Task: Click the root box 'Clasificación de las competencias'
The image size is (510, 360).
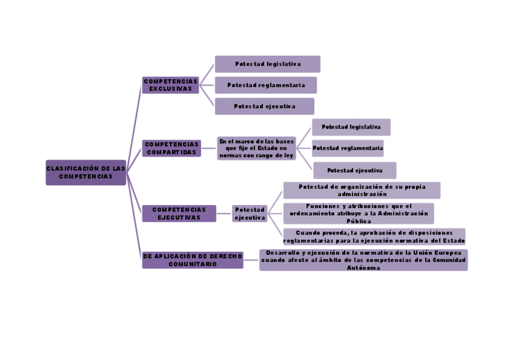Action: coord(85,172)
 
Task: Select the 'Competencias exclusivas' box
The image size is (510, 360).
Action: coord(170,85)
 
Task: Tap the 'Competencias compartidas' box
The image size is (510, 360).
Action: coord(171,148)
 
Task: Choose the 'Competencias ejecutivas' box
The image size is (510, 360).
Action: coord(179,213)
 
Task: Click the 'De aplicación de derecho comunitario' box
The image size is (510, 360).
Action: coord(192,260)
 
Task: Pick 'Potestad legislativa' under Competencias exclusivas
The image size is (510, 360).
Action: coord(268,64)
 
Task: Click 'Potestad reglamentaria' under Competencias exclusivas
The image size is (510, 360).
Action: coord(265,85)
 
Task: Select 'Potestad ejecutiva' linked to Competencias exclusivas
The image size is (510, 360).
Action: coord(265,106)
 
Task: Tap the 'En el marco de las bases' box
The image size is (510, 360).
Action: coord(257,148)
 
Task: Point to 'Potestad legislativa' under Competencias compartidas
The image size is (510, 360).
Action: coord(351,127)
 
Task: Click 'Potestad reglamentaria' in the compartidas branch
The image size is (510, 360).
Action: coord(348,148)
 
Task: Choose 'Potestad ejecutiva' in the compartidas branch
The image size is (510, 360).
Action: coord(354,170)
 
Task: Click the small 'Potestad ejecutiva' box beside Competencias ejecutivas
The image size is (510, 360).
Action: coord(250,213)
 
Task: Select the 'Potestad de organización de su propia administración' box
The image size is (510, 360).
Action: coord(361,191)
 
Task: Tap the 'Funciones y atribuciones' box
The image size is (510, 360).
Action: coord(358,213)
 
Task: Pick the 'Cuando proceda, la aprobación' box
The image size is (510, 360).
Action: coord(373,236)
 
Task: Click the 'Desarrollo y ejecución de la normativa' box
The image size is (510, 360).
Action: coord(363,260)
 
